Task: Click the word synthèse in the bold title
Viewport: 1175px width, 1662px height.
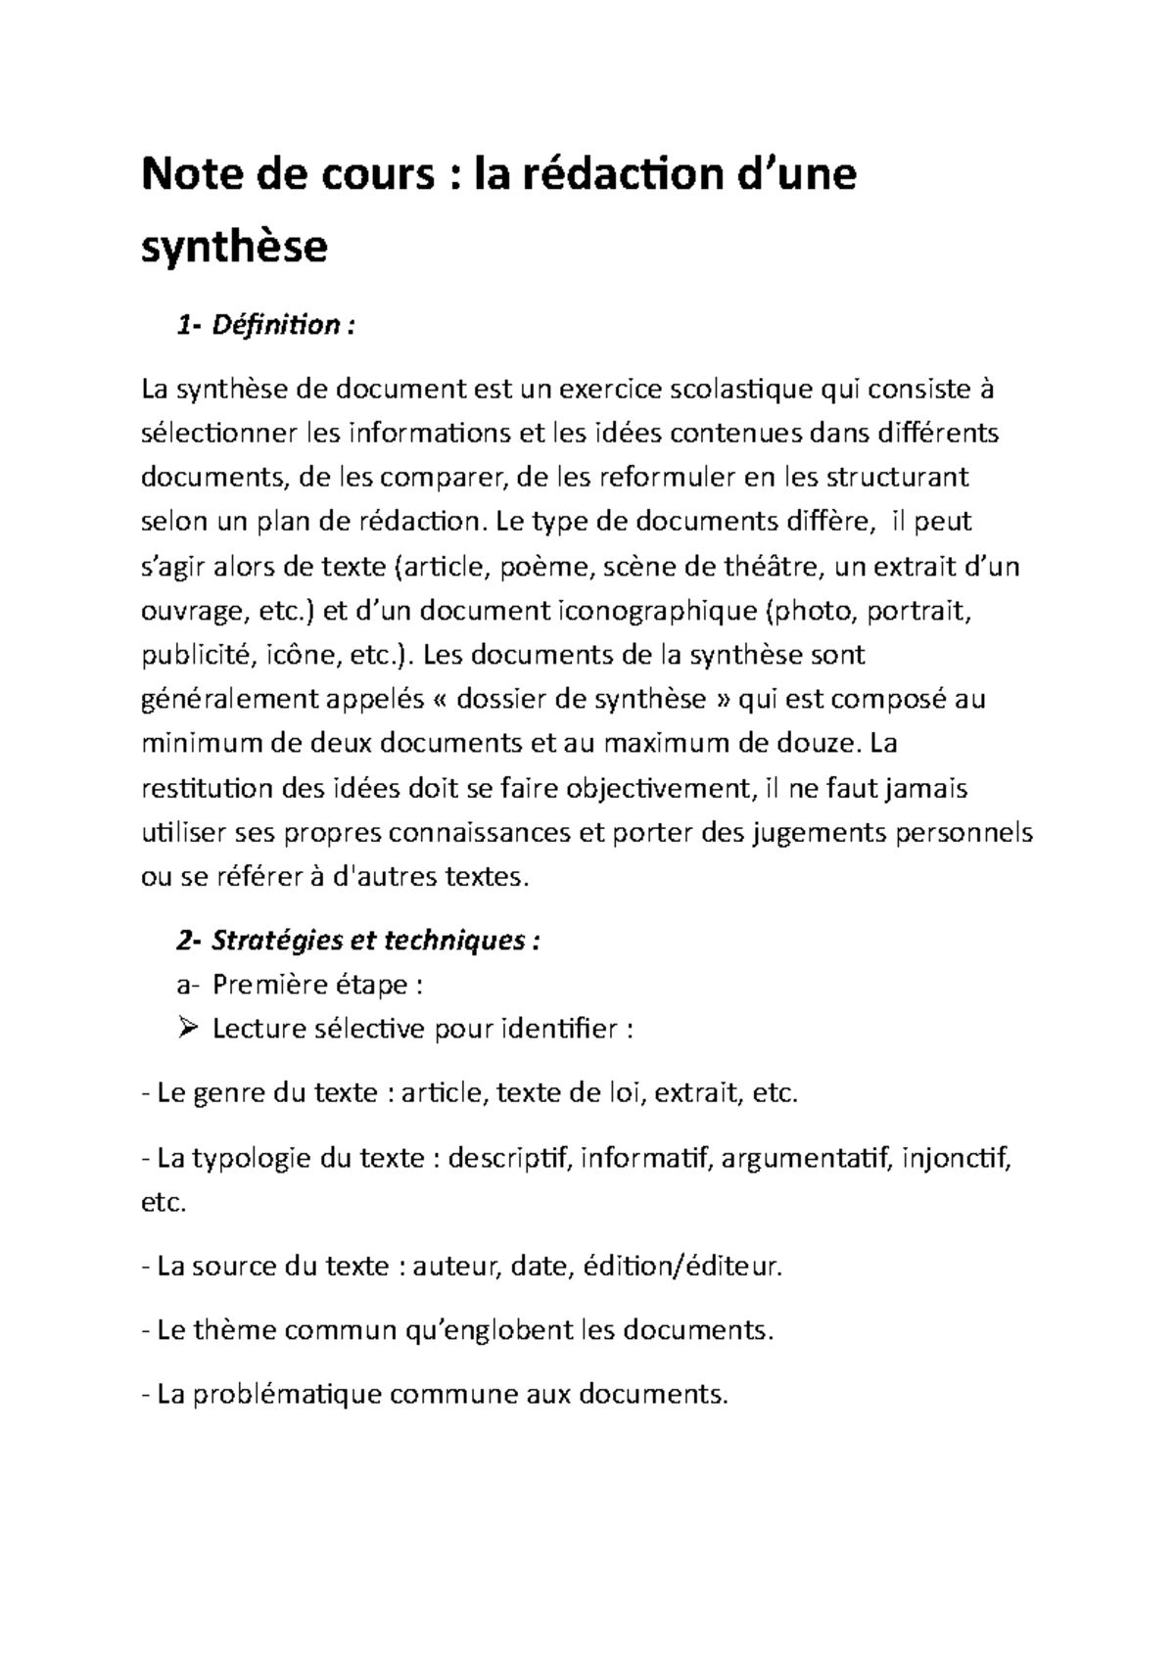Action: click(234, 249)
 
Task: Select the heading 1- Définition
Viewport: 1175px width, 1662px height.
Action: click(260, 325)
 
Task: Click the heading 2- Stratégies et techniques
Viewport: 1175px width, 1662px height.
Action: click(358, 941)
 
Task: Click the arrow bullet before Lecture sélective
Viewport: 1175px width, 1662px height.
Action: click(190, 1029)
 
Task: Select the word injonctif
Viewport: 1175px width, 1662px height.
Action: click(957, 1159)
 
